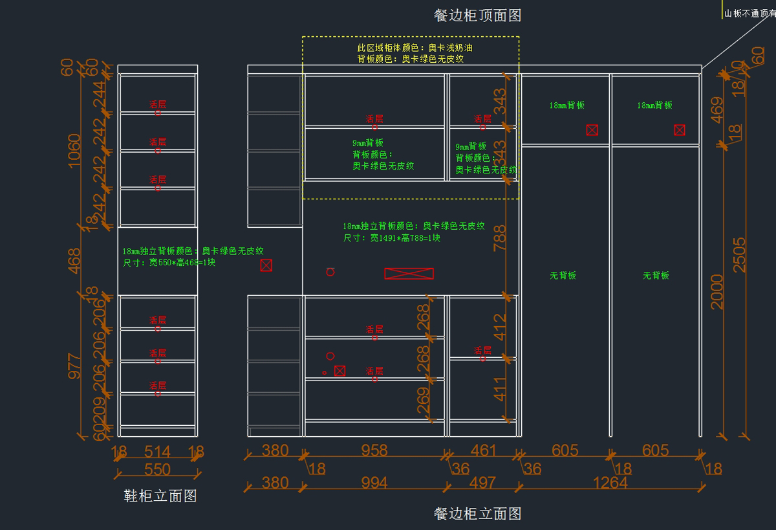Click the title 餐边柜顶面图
coord(477,15)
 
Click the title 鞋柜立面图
coord(160,496)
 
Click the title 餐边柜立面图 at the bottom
coord(477,514)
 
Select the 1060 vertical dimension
coord(75,150)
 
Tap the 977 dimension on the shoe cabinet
coord(75,366)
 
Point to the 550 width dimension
coord(157,469)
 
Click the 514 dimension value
coord(157,451)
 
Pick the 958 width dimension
coord(374,450)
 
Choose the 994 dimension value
coord(374,483)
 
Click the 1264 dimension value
coord(610,483)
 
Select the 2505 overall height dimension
coord(739,254)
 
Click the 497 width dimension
coord(483,483)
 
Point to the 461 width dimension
coord(483,450)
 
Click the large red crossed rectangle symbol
coord(409,274)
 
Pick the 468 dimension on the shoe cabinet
coord(75,261)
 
